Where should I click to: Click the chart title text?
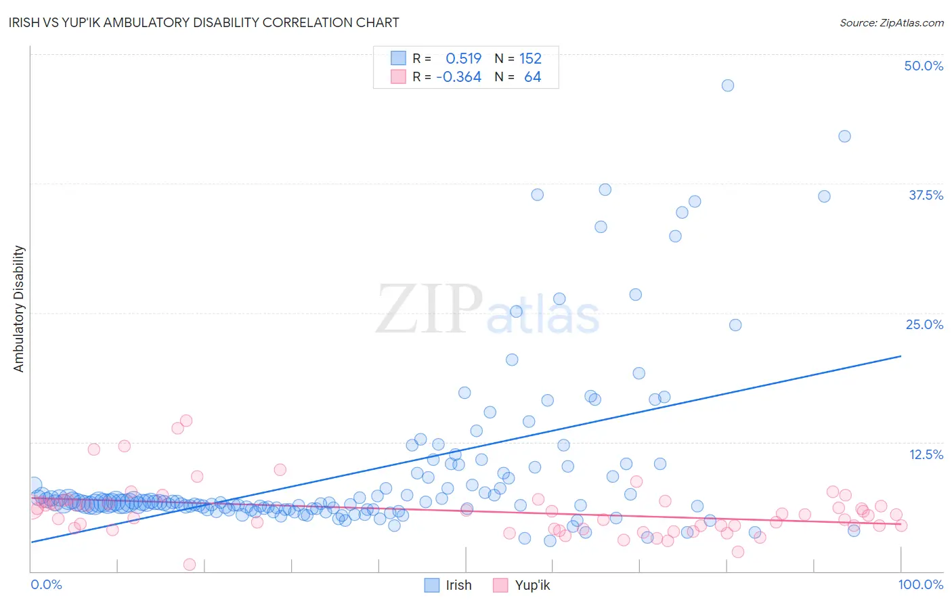point(205,22)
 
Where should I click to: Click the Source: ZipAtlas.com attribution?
point(891,22)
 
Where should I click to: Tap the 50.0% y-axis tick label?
point(924,66)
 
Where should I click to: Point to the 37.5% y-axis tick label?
point(926,195)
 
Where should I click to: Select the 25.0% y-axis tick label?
point(924,324)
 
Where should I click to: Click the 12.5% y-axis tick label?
point(926,454)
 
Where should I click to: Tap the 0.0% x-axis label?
point(46,584)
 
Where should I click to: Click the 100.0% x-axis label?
point(920,584)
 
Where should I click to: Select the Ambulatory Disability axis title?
point(19,309)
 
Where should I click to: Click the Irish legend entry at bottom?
point(458,585)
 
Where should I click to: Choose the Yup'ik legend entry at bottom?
point(532,585)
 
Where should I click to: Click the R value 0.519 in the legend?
point(463,58)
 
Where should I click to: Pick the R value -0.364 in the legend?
point(458,77)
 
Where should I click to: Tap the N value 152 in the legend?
point(530,58)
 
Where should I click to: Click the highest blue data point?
point(728,85)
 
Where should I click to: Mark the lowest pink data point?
point(190,565)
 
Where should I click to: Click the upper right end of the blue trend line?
point(901,356)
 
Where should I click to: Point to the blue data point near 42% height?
point(844,136)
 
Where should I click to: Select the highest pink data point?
point(186,420)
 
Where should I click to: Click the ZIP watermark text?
point(429,309)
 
